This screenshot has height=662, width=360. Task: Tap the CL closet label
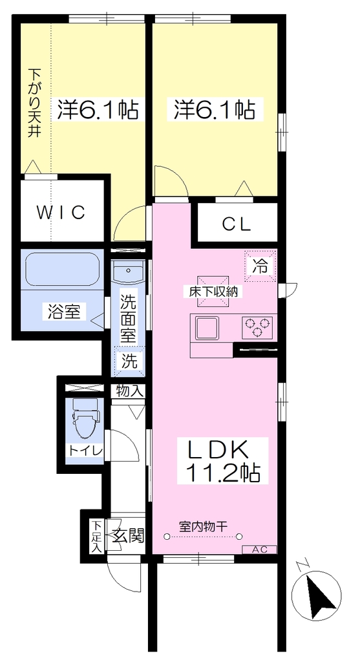point(237,224)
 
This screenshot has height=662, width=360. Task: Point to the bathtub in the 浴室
point(63,270)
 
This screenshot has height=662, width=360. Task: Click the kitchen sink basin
point(206,328)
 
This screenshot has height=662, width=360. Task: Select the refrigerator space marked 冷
point(260,266)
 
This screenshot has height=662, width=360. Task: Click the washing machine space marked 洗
point(129,361)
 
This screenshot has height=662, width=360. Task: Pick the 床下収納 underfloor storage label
point(213,291)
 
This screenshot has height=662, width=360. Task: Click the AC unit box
point(260,550)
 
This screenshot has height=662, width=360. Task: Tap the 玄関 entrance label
point(129,535)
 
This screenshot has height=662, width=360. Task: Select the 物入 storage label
point(130,391)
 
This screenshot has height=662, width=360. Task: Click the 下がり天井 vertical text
point(35,103)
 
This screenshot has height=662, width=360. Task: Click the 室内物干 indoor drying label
point(204,526)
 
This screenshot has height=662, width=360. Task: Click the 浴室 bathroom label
point(64,312)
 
